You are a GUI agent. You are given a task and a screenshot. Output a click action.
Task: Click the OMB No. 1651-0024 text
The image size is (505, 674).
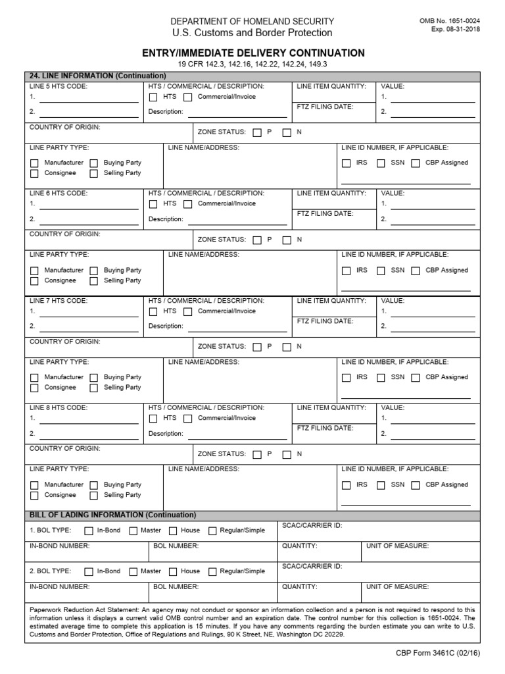point(449,21)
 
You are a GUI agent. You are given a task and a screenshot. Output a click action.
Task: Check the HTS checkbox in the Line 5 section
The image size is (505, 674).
point(153,97)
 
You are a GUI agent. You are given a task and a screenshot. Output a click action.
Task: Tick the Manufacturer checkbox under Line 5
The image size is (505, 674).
point(34,163)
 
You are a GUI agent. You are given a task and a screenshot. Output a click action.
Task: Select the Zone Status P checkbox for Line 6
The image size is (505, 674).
point(257,240)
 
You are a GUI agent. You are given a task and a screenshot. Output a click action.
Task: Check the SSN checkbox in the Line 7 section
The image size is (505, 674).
point(381,378)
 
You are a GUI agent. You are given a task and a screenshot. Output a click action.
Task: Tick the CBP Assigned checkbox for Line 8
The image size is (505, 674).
point(416,485)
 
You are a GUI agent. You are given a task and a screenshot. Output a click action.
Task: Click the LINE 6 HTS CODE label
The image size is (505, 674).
point(59,194)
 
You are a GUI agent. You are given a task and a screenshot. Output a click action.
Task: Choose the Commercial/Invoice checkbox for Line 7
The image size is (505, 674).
point(188,312)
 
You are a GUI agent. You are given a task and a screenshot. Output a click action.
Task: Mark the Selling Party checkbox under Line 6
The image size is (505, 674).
point(93,281)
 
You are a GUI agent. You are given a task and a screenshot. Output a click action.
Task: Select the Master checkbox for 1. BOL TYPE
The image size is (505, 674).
point(133,531)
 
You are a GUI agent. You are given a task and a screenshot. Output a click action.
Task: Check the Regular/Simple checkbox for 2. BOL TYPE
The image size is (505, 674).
point(212,572)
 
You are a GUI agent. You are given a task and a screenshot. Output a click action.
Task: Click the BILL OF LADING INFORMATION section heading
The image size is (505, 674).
point(113,515)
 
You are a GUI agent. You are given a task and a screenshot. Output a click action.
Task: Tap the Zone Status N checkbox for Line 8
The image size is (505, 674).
point(287,454)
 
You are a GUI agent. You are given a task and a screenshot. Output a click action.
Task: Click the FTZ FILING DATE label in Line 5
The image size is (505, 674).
point(325,107)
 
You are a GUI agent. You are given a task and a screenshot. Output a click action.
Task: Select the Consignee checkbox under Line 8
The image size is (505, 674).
point(34,496)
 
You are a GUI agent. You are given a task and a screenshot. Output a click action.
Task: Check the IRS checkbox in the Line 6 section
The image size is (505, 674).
point(347,271)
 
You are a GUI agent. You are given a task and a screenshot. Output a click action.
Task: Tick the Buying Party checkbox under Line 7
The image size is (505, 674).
point(93,378)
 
